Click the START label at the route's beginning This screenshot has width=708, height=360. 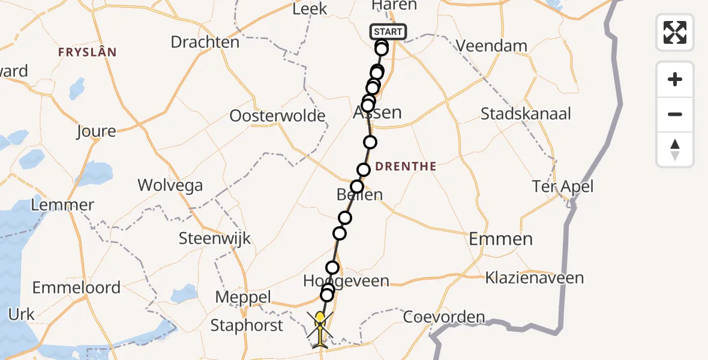click(389, 32)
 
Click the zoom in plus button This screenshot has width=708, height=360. click(675, 79)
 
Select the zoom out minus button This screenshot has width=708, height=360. click(675, 114)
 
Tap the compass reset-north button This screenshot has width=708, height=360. click(675, 149)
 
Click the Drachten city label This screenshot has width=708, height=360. click(205, 42)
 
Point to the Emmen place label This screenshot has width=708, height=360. click(500, 239)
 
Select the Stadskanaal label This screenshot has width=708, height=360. click(526, 113)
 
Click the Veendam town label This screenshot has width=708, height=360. click(491, 46)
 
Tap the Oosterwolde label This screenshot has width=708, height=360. click(277, 115)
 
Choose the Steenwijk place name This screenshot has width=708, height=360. click(214, 238)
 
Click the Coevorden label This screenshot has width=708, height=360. click(443, 317)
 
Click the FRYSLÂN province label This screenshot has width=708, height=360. click(87, 52)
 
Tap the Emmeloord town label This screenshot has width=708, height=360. click(76, 287)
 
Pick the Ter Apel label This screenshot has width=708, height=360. click(562, 186)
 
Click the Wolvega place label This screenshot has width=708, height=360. click(170, 185)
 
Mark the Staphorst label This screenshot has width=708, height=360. click(247, 325)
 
